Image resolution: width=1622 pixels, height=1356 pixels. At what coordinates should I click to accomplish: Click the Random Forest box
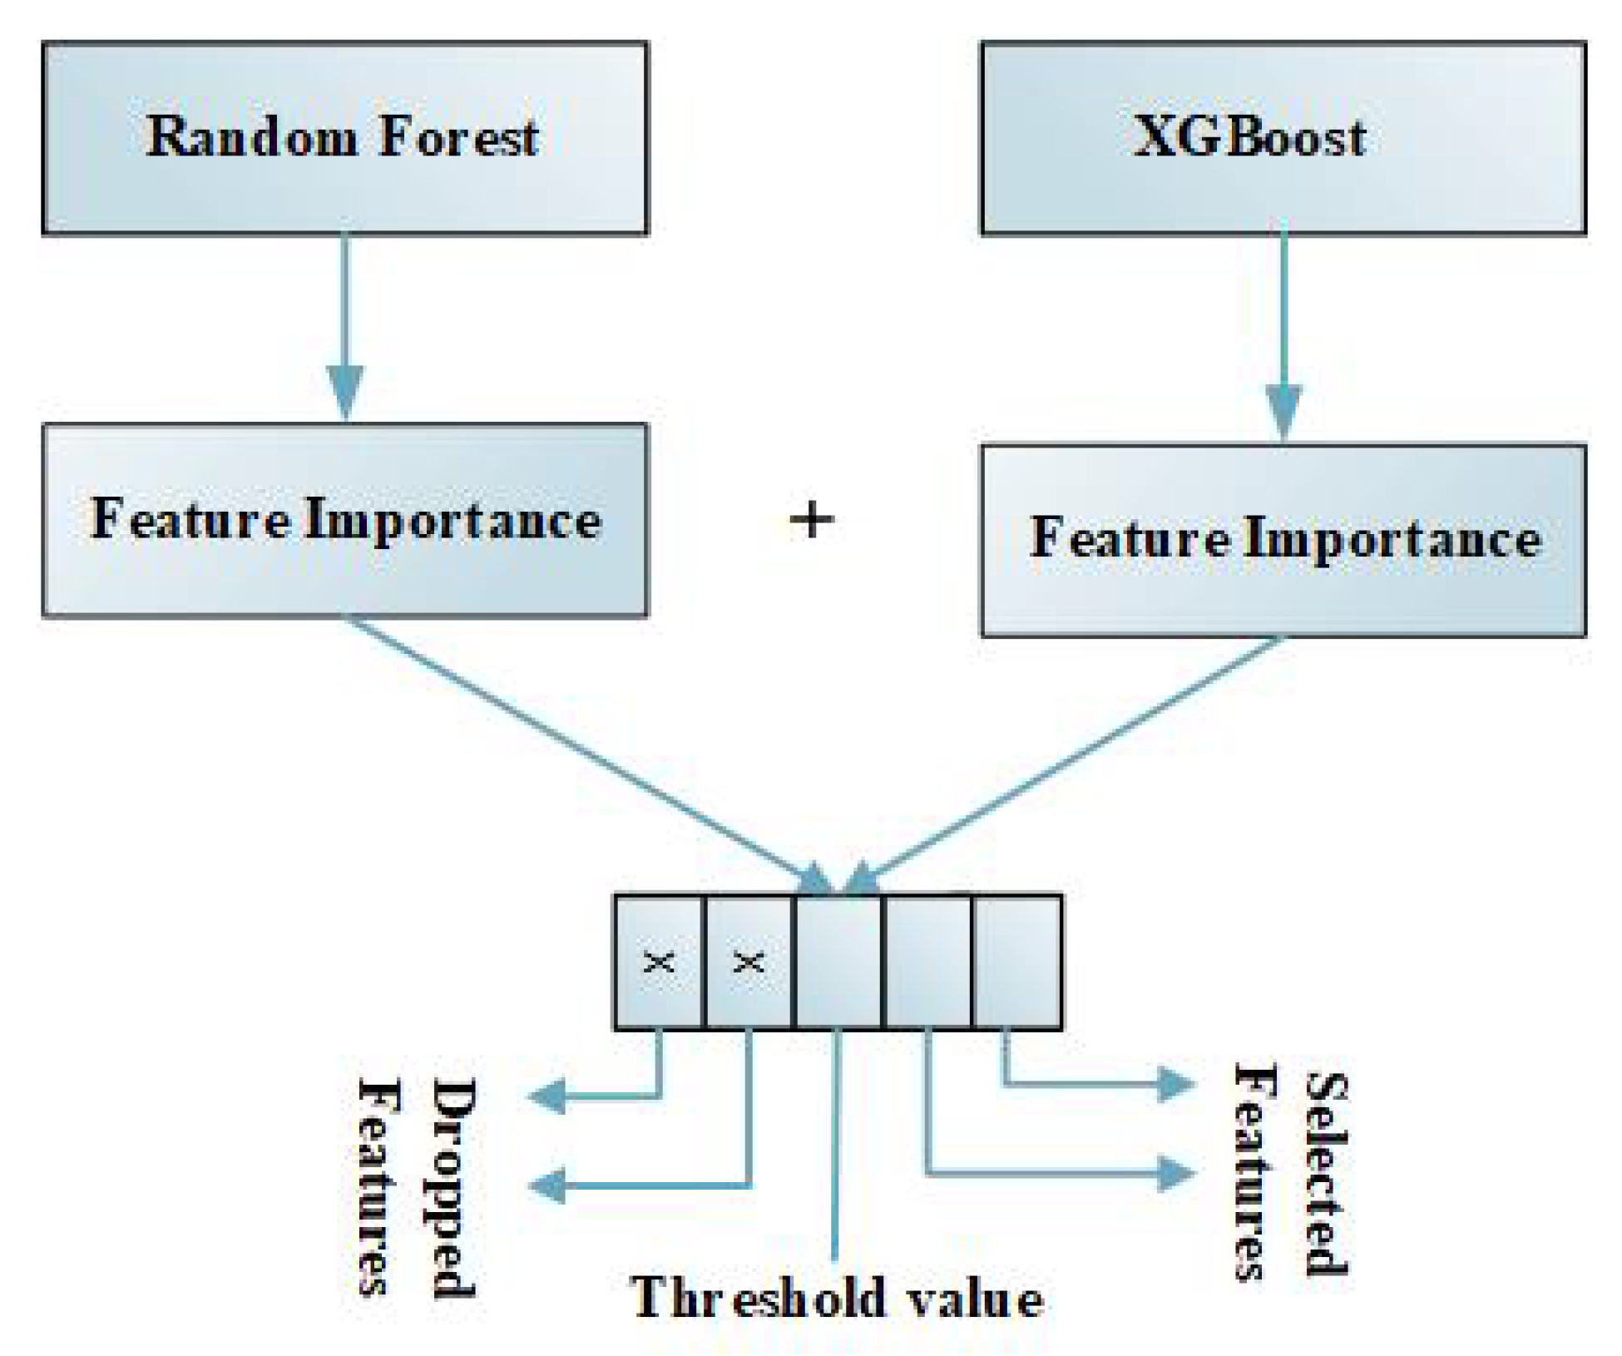tap(344, 137)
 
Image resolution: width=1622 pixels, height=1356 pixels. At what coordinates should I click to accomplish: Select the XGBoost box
tap(1283, 137)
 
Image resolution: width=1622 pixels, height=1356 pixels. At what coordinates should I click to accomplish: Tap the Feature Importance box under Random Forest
tap(344, 520)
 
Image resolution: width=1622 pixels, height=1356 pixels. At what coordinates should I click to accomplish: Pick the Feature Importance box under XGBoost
tap(1283, 541)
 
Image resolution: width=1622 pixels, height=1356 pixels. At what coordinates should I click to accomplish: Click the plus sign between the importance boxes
tap(811, 520)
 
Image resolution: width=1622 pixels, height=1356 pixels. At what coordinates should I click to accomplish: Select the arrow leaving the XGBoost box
tap(1283, 333)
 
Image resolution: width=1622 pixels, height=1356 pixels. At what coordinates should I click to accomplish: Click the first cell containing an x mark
tap(659, 963)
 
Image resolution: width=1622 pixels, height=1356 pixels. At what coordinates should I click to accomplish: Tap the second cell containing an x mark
tap(749, 963)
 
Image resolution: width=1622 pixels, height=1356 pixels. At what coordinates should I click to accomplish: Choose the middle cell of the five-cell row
tap(838, 963)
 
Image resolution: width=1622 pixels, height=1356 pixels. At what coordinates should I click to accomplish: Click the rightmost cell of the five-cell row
tap(1016, 963)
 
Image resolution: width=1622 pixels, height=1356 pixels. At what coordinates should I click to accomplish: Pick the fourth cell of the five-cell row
tap(927, 963)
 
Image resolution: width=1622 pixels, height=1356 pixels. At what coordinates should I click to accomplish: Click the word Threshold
tap(757, 1297)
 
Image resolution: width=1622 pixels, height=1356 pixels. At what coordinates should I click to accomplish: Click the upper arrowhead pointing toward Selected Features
tap(1177, 1084)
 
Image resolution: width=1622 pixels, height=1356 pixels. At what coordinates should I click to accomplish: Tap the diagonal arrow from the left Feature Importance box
tap(582, 749)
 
